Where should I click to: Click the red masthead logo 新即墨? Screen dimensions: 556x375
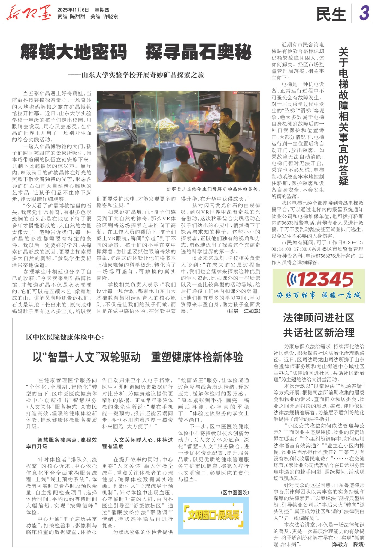(29, 13)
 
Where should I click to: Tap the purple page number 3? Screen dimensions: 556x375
(364, 13)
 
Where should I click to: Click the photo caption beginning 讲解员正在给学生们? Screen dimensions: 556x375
(213, 189)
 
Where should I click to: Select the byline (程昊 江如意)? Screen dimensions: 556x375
(243, 311)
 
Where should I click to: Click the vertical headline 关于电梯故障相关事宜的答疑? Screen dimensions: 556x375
(344, 116)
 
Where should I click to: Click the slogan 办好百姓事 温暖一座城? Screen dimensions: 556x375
(318, 295)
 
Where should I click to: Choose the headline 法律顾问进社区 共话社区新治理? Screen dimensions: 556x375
(319, 325)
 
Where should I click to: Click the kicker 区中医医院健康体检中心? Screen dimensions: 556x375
(65, 337)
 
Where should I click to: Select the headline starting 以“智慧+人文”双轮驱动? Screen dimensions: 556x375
(138, 357)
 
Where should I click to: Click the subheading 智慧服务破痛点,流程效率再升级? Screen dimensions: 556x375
(61, 443)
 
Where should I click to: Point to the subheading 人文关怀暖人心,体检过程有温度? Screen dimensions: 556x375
(137, 443)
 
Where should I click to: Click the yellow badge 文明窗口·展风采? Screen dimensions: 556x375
(213, 515)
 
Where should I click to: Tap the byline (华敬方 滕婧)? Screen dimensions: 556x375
(348, 544)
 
